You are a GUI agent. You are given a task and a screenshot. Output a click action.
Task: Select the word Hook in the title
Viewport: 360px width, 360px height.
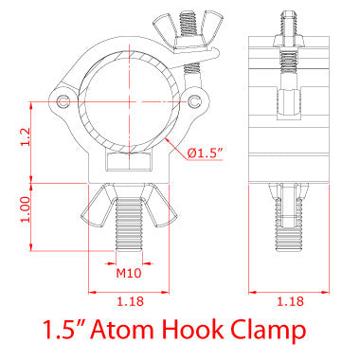click(219, 332)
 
